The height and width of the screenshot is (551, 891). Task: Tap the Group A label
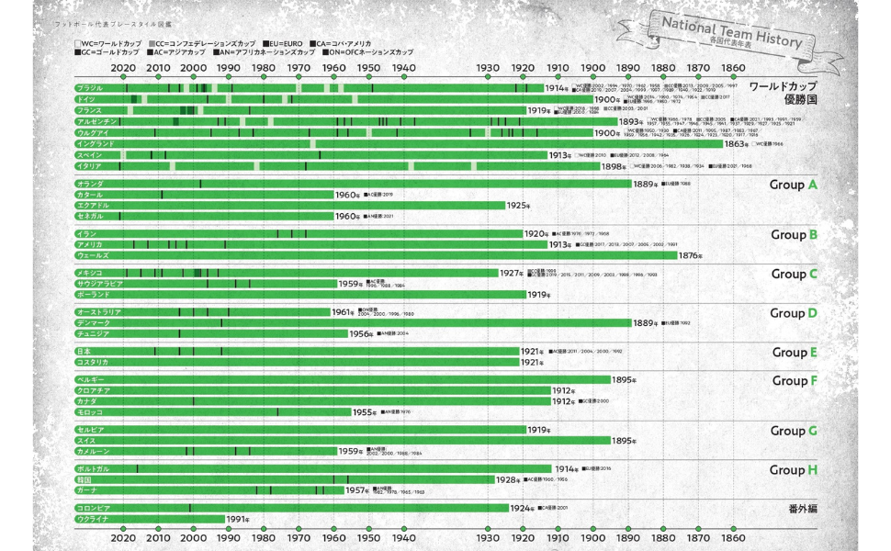pos(793,185)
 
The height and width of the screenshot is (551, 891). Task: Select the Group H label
pos(793,470)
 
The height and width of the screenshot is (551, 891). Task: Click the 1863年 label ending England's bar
pos(737,144)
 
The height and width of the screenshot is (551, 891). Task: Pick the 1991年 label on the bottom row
pos(238,519)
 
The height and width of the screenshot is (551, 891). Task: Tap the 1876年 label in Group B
pos(690,255)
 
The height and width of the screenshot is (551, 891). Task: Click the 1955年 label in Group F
pos(365,412)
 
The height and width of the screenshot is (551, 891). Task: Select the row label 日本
pos(84,352)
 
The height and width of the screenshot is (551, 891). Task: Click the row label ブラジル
pos(90,89)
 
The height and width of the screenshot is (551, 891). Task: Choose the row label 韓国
pos(84,479)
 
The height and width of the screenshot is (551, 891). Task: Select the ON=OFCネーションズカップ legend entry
pos(361,52)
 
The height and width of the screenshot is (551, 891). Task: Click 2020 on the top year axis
pos(123,67)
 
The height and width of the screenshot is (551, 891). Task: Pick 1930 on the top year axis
pos(488,67)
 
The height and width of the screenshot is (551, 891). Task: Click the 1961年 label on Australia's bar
pos(343,312)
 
